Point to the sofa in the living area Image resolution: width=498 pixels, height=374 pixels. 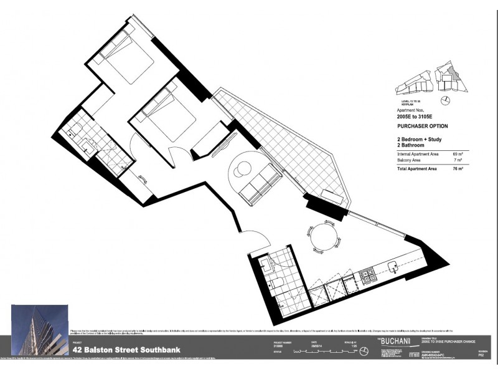click(257, 185)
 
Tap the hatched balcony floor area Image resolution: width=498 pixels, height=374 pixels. click(280, 143)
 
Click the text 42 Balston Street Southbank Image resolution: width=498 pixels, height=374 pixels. click(128, 350)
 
